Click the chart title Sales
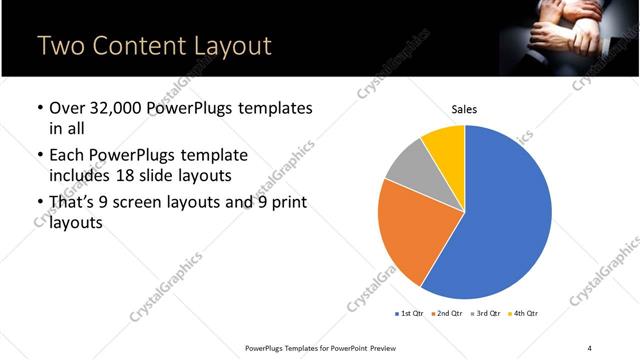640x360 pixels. click(464, 110)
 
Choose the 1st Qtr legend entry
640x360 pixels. click(411, 313)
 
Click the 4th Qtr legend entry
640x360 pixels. click(524, 313)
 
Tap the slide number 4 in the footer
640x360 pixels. click(590, 347)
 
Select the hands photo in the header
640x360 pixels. click(569, 38)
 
